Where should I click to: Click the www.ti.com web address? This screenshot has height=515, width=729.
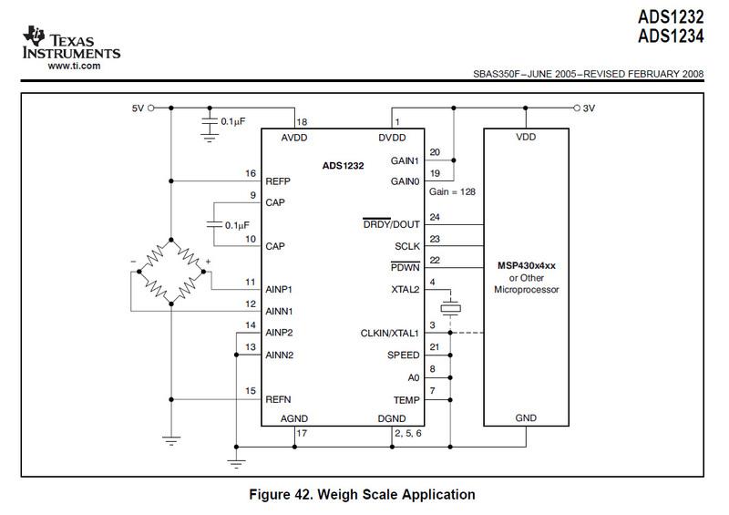point(73,66)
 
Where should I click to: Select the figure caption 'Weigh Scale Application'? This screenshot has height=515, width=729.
point(363,495)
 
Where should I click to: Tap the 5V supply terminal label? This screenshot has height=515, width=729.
point(137,108)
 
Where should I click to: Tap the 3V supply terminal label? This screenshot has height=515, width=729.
point(589,108)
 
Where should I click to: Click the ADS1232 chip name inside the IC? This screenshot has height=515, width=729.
point(344,166)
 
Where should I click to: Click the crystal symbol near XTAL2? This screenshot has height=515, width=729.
point(448,306)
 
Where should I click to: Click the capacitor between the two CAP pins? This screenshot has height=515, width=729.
point(211,224)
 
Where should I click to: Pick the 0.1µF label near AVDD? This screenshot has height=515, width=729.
point(235,119)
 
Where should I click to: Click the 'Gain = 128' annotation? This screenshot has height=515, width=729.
point(453,192)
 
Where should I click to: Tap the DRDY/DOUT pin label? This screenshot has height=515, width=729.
point(391,224)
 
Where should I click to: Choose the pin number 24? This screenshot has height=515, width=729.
point(434,216)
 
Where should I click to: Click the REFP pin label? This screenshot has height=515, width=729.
point(276,180)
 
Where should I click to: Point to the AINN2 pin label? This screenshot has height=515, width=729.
point(280,355)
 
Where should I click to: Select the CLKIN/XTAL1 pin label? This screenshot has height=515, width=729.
point(389,333)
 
